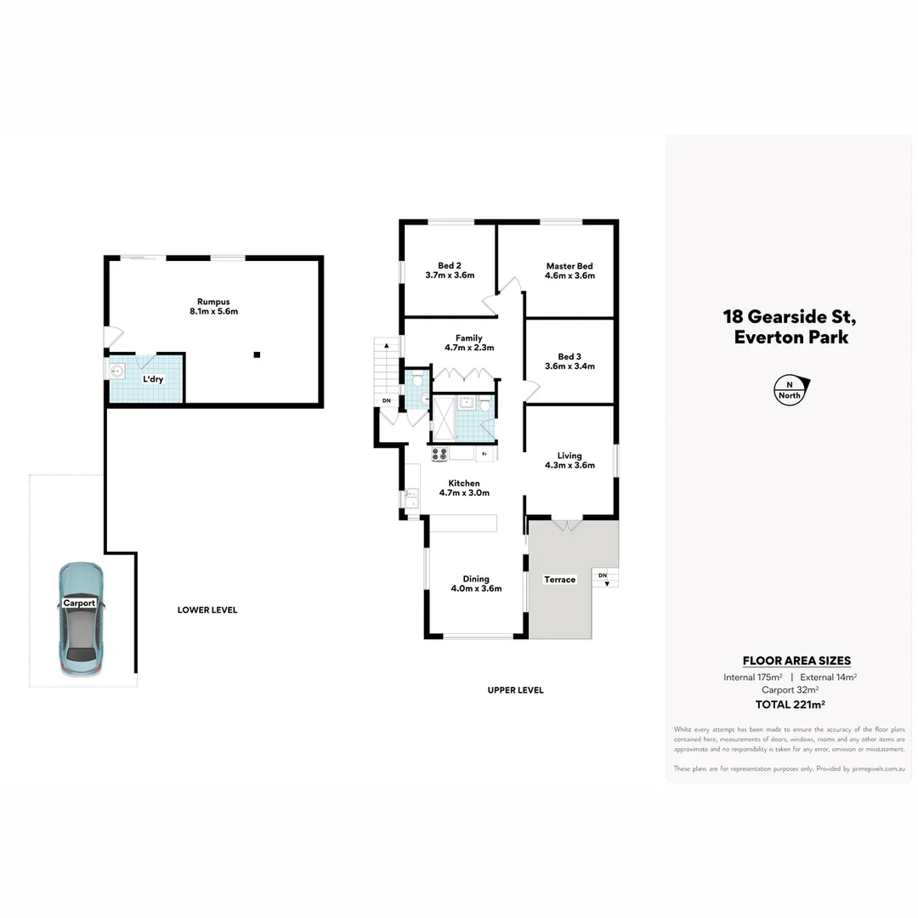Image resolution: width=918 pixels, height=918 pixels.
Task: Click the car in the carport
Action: pyautogui.click(x=81, y=620)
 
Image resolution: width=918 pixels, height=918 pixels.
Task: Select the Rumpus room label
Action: pyautogui.click(x=213, y=302)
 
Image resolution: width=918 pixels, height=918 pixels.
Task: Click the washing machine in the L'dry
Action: pyautogui.click(x=118, y=371)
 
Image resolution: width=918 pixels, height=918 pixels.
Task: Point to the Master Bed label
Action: pyautogui.click(x=569, y=266)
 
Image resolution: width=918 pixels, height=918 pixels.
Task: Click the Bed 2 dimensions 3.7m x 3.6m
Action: pyautogui.click(x=449, y=275)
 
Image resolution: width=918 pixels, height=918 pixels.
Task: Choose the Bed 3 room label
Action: pyautogui.click(x=569, y=356)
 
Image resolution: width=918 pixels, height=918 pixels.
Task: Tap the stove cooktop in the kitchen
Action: pyautogui.click(x=439, y=454)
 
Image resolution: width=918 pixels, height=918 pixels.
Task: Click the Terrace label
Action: pyautogui.click(x=559, y=580)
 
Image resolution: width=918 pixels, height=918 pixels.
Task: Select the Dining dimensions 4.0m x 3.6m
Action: pyautogui.click(x=476, y=588)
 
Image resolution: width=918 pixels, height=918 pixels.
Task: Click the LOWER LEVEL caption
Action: pyautogui.click(x=207, y=609)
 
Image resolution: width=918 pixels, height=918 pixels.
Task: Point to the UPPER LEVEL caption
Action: pyautogui.click(x=515, y=690)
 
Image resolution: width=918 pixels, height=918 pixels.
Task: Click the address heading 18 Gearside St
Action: pyautogui.click(x=789, y=317)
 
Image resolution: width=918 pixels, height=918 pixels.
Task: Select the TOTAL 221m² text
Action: pyautogui.click(x=790, y=704)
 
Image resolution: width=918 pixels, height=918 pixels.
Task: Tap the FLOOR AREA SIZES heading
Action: pyautogui.click(x=796, y=660)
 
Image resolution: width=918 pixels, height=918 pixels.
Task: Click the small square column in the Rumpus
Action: pyautogui.click(x=257, y=354)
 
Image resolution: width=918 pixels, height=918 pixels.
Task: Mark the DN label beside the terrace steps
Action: pyautogui.click(x=603, y=576)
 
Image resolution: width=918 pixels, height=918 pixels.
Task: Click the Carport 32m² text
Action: pyautogui.click(x=790, y=690)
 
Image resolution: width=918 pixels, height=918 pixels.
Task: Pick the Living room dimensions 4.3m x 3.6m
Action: pyautogui.click(x=569, y=465)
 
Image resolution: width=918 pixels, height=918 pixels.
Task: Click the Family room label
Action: pyautogui.click(x=468, y=337)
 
